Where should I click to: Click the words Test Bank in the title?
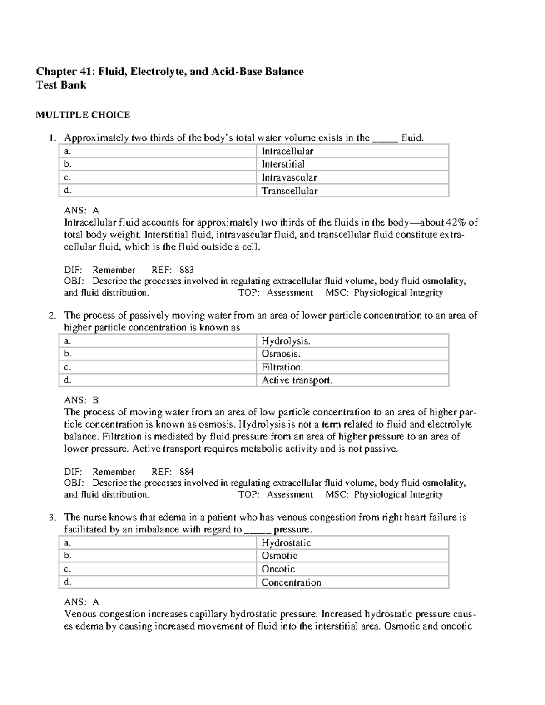point(61,85)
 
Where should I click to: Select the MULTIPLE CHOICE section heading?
point(83,115)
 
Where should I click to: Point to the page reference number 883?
point(187,270)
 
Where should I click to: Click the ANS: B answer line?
point(81,400)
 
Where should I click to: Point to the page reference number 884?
point(187,472)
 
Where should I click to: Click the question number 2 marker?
point(52,316)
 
